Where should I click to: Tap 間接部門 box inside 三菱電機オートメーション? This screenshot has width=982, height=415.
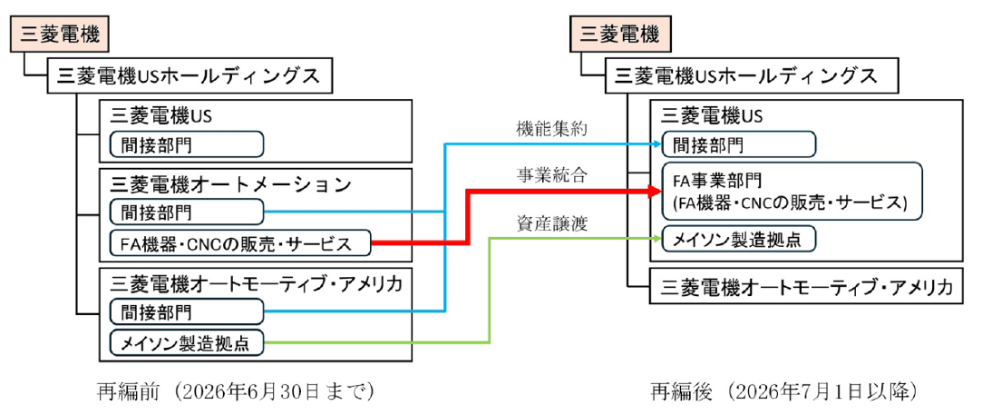click(x=186, y=212)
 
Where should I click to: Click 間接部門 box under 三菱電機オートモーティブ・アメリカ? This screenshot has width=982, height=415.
click(x=186, y=312)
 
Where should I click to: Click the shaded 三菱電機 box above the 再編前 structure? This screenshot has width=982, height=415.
click(x=61, y=35)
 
